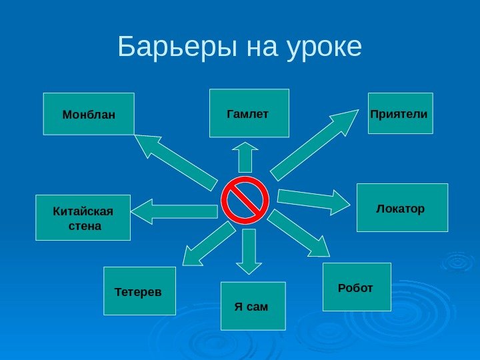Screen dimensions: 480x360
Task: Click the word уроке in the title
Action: point(323,48)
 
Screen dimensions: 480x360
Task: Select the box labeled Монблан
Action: point(89,114)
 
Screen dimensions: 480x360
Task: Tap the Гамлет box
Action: point(249,113)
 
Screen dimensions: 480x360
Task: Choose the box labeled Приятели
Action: point(400,113)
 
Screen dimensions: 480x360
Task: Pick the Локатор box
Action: point(402,207)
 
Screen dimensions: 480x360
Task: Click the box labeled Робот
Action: point(357,287)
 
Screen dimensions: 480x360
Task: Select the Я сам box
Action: point(253,306)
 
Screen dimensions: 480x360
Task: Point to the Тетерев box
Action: point(139,291)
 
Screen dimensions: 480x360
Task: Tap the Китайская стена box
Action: point(83,217)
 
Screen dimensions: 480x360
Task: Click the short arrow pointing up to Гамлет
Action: point(245,157)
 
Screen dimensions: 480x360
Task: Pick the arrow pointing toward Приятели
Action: point(313,145)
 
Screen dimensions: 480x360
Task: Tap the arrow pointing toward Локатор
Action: point(312,201)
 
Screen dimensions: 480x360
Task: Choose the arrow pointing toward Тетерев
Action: point(208,244)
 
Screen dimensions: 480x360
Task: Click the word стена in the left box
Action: point(85,226)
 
